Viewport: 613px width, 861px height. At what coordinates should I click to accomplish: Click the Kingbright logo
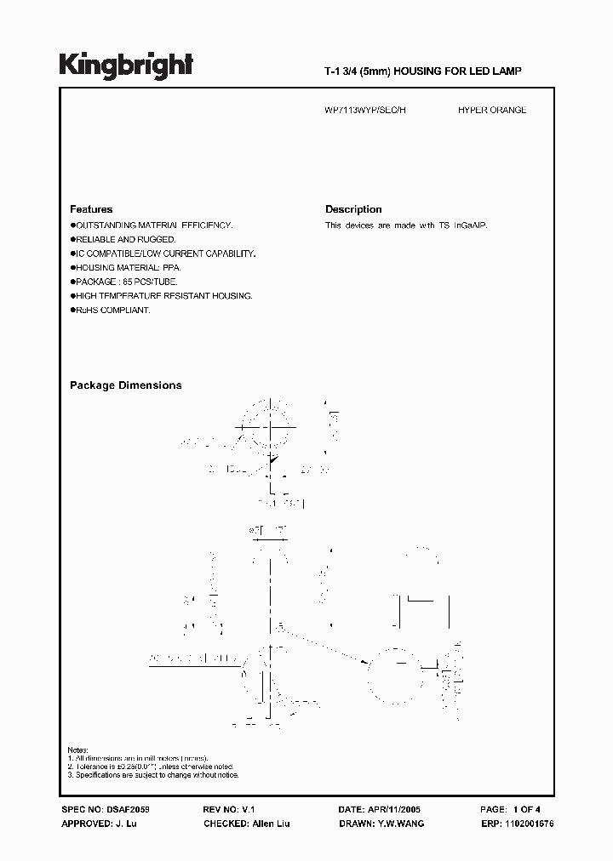click(126, 67)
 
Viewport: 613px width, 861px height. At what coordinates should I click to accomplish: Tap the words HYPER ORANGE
click(491, 111)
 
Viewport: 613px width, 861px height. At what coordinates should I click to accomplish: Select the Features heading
click(91, 209)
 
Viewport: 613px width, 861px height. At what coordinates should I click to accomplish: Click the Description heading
click(353, 209)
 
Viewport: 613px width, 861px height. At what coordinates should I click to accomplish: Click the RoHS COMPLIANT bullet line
click(112, 311)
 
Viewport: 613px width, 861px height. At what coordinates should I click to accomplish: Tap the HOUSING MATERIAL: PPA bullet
click(128, 267)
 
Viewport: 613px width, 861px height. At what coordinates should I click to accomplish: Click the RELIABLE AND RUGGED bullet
click(124, 240)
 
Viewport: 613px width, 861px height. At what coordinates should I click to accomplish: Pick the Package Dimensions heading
click(125, 385)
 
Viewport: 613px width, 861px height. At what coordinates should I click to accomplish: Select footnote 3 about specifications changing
click(156, 775)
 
